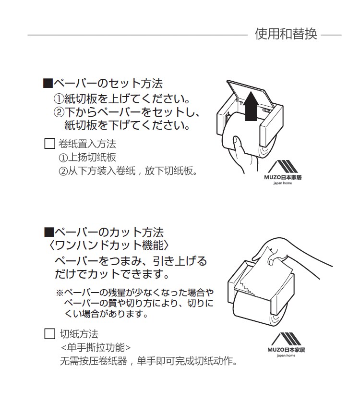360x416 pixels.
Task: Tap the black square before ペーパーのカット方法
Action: pyautogui.click(x=48, y=232)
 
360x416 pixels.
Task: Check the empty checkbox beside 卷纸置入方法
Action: pyautogui.click(x=49, y=144)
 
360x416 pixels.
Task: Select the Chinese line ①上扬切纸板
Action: pyautogui.click(x=87, y=158)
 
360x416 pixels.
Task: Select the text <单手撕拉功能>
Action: pyautogui.click(x=96, y=347)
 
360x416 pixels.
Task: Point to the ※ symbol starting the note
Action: pyautogui.click(x=60, y=293)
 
